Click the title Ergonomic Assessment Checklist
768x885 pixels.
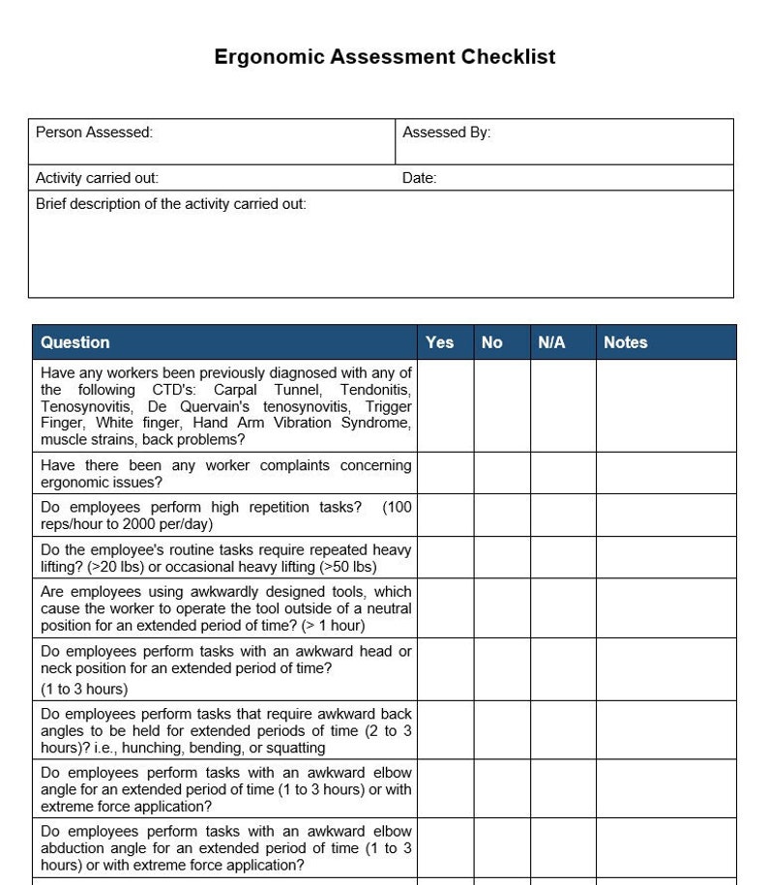pos(384,57)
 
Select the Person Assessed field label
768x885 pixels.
pos(94,133)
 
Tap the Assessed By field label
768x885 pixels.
pos(446,133)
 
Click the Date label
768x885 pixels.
pos(419,178)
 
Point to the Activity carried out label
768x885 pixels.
pos(97,178)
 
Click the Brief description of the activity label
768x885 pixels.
pos(170,204)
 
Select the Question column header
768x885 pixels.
pos(74,342)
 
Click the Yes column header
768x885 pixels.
pos(439,342)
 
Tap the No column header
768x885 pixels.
pos(491,342)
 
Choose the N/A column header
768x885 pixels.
pos(551,342)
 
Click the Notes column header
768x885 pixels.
pos(625,342)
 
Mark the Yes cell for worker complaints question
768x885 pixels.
pos(445,474)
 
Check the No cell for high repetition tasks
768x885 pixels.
pos(502,516)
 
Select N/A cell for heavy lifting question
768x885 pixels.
pos(563,558)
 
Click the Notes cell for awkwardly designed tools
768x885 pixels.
pos(665,608)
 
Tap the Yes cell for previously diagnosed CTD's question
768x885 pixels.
pos(445,406)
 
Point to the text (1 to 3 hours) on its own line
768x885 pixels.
pos(84,690)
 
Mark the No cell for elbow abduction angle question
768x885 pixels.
pos(502,848)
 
